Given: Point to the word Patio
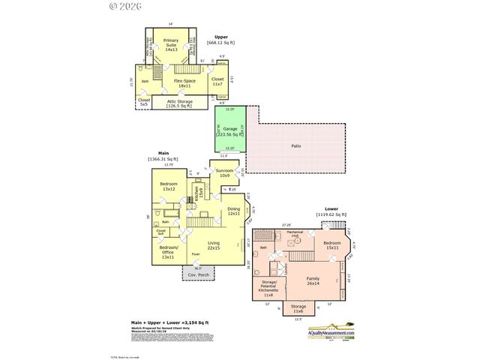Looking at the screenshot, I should (x=296, y=146).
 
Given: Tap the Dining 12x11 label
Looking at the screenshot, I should (x=233, y=211).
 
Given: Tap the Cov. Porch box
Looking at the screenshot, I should (x=199, y=275).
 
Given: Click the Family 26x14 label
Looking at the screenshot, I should (x=313, y=280).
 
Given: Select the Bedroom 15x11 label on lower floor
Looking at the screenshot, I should (x=334, y=245).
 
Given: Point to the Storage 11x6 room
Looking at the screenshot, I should (x=298, y=308).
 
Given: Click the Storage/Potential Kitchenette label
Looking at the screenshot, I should (x=268, y=286).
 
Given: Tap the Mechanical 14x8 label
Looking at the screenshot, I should (x=295, y=234).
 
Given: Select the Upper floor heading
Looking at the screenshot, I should (x=221, y=37).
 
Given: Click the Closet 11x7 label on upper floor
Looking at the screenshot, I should (x=217, y=81).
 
